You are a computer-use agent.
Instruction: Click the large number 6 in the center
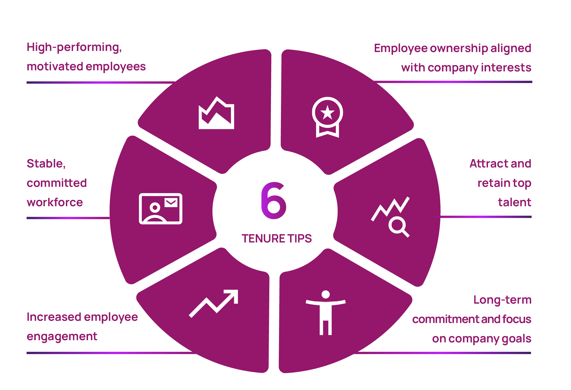[x=273, y=200]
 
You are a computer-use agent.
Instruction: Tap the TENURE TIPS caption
[x=277, y=238]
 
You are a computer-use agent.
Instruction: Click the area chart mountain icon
[x=216, y=113]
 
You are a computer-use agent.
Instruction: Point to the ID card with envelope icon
[x=161, y=208]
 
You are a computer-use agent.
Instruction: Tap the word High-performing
[x=74, y=47]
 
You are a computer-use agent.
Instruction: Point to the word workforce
[x=55, y=202]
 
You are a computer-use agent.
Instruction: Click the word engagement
[x=62, y=337]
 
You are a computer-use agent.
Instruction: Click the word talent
[x=515, y=202]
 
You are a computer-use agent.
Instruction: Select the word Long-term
[x=502, y=300]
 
